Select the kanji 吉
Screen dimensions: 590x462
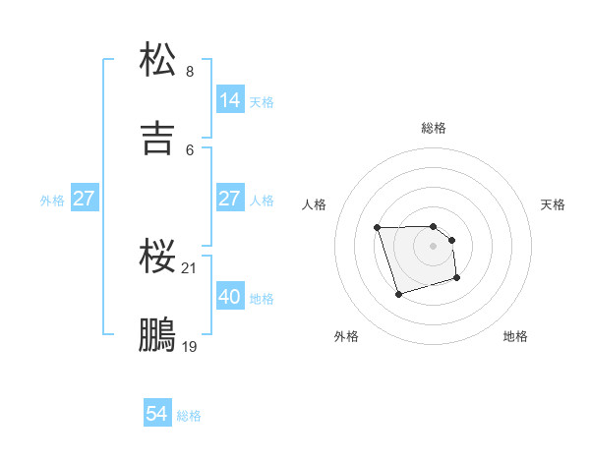click(x=158, y=138)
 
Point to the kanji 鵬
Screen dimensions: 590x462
click(x=158, y=334)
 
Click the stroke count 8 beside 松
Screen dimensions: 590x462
click(x=190, y=72)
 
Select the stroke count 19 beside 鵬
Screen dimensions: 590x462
click(x=191, y=347)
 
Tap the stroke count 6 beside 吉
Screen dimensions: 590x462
click(x=190, y=149)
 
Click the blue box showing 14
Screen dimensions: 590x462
click(x=230, y=100)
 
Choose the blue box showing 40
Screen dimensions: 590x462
click(x=230, y=296)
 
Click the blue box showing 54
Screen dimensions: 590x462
click(x=157, y=415)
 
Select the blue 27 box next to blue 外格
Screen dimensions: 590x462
click(x=85, y=199)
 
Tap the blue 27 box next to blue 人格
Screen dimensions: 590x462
click(x=230, y=199)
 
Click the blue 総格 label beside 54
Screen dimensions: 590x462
click(x=189, y=416)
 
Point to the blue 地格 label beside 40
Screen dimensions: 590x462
click(x=262, y=298)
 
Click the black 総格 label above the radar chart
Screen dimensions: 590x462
click(x=434, y=128)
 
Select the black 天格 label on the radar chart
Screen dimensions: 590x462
click(x=554, y=204)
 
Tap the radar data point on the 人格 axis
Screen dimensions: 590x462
click(x=378, y=228)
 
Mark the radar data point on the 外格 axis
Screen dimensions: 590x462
click(x=397, y=294)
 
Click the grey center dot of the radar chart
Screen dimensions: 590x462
click(x=434, y=245)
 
